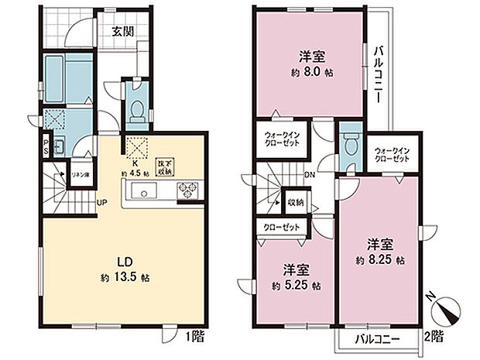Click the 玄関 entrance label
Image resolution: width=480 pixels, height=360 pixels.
pyautogui.click(x=121, y=33)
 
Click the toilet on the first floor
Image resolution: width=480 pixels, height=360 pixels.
pyautogui.click(x=136, y=111)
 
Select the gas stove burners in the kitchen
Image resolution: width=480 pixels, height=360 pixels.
pyautogui.click(x=189, y=189)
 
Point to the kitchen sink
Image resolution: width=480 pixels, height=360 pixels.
pyautogui.click(x=147, y=190)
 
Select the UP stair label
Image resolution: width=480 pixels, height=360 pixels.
pyautogui.click(x=101, y=204)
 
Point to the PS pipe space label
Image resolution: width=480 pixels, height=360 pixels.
pyautogui.click(x=46, y=148)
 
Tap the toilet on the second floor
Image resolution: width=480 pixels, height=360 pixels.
pyautogui.click(x=350, y=146)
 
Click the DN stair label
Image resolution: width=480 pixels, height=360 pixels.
pyautogui.click(x=308, y=174)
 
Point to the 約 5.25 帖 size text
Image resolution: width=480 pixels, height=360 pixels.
pyautogui.click(x=295, y=286)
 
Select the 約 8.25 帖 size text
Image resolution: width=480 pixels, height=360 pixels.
pyautogui.click(x=379, y=260)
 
